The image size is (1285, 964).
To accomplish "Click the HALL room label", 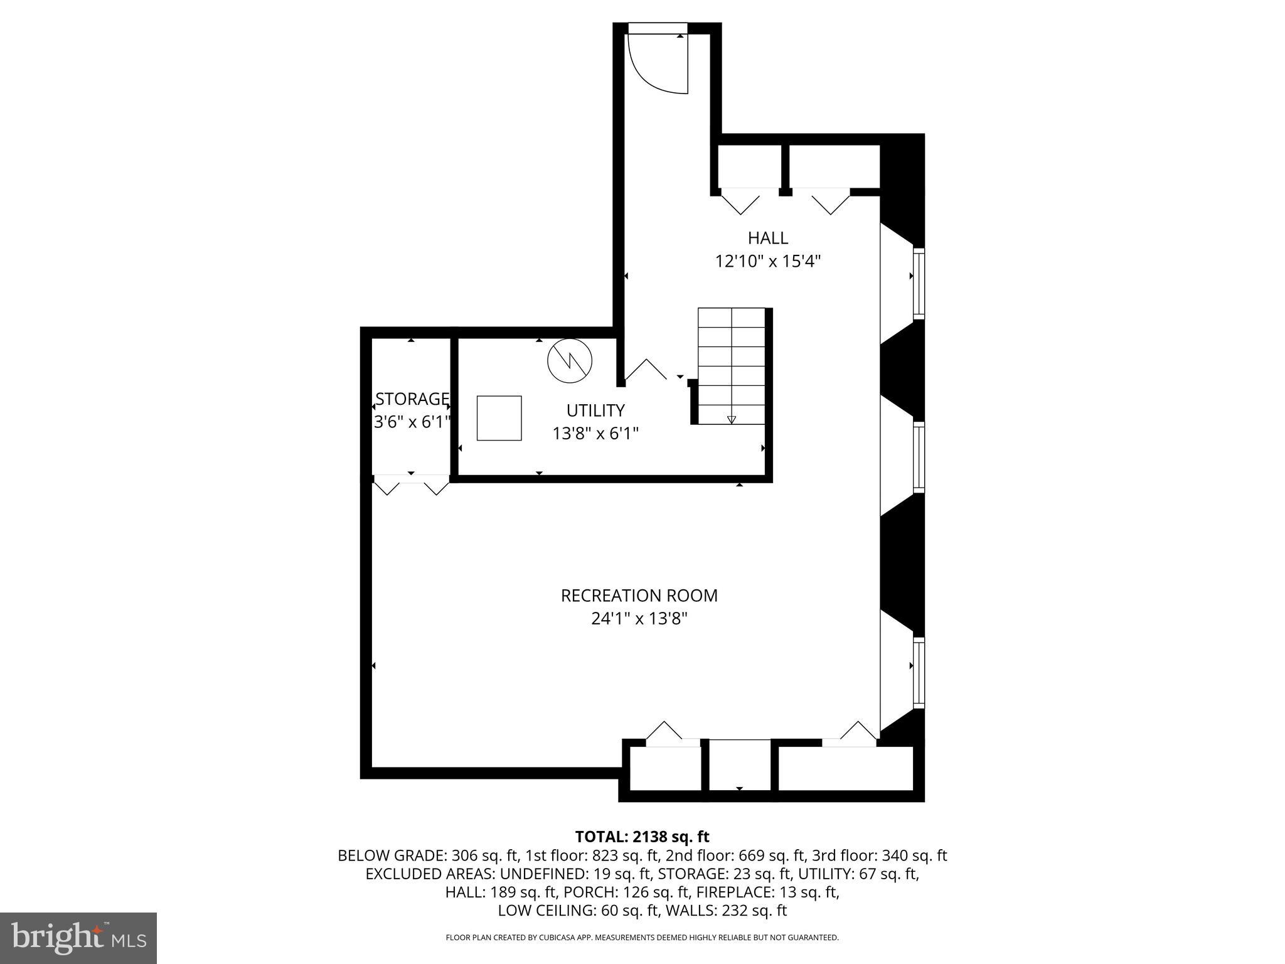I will pos(767,238).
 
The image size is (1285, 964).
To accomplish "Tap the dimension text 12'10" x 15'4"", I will pos(768,261).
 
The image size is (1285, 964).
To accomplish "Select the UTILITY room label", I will pos(595,410).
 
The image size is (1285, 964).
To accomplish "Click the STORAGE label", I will pos(412,399).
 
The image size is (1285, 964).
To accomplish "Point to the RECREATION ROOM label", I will pos(639,596).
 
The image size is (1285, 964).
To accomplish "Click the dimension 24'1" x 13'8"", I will pos(639,619).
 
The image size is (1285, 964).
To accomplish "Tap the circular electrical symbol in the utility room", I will pos(570,361).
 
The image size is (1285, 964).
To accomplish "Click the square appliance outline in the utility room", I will pos(499,418).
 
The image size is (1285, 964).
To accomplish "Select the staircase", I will pos(732,366).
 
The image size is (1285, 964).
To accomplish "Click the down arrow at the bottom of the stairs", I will pos(732,419).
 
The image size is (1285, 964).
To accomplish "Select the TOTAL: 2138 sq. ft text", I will pos(642,837).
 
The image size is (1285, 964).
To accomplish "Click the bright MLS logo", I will pos(78,938).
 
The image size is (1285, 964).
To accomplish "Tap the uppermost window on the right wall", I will pos(919,282).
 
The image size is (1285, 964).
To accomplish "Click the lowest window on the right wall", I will pos(919,672).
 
